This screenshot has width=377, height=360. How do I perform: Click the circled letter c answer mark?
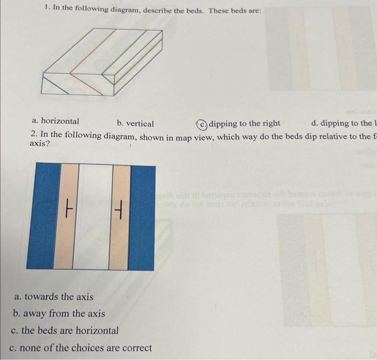tap(202, 124)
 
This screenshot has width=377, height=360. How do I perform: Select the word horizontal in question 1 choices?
tap(59, 122)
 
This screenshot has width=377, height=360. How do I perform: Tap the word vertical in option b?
tap(140, 124)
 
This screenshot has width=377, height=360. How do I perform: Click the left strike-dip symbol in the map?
tap(68, 205)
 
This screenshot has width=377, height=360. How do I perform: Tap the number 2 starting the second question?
tap(33, 135)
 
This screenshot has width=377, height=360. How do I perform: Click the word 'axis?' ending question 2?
tap(40, 144)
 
